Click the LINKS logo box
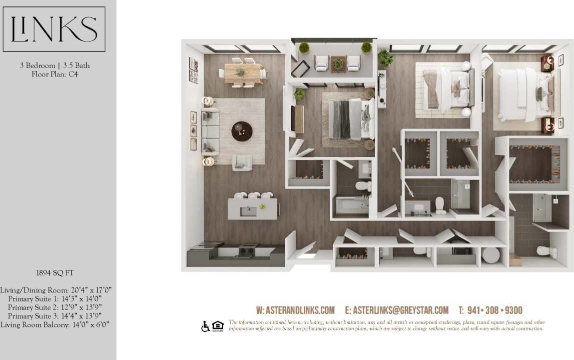(x=54, y=29)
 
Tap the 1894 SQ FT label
(x=55, y=273)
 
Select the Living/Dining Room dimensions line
(x=55, y=290)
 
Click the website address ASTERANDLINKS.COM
(x=295, y=310)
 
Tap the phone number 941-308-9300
(x=490, y=310)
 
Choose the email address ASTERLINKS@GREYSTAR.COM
(x=401, y=310)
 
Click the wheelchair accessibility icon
(x=205, y=326)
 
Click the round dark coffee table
(x=242, y=131)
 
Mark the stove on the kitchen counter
(x=247, y=250)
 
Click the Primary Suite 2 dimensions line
(x=55, y=307)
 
